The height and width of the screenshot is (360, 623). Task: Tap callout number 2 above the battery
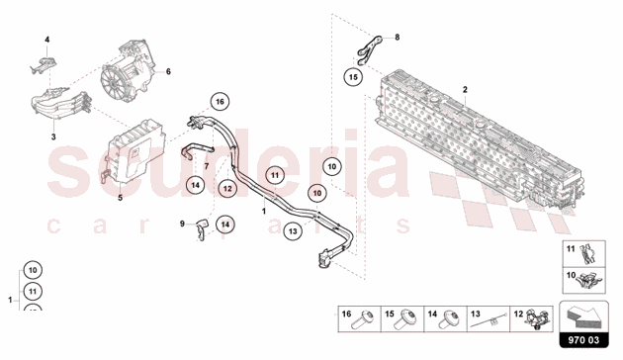[463, 90]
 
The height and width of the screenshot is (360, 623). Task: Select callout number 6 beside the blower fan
[168, 71]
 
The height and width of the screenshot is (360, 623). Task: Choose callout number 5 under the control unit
[121, 198]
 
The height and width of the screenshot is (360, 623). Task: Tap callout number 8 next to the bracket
[398, 38]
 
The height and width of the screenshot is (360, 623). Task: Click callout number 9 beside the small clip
[182, 225]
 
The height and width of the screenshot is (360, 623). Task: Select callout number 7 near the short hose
[206, 168]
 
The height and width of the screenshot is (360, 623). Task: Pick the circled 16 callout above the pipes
[220, 101]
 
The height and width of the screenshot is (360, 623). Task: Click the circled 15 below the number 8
[353, 75]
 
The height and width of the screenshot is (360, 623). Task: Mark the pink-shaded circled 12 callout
[227, 187]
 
